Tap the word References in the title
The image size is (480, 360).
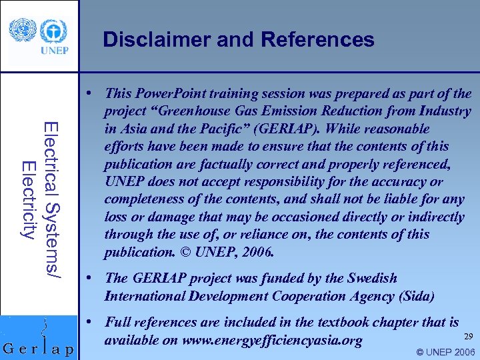pos(318,40)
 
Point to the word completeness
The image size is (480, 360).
pos(141,199)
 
